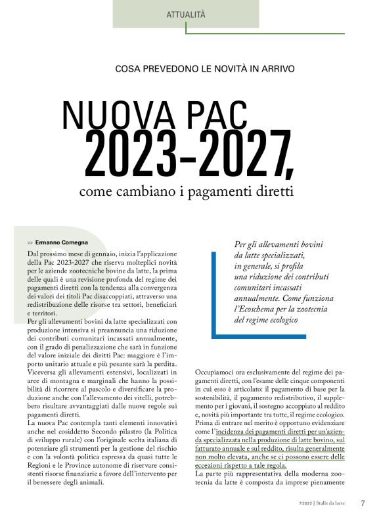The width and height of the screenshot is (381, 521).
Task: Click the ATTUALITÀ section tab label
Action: [186, 14]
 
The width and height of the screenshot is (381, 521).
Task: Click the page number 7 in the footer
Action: [363, 504]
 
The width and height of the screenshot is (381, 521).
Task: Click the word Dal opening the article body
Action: [34, 253]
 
